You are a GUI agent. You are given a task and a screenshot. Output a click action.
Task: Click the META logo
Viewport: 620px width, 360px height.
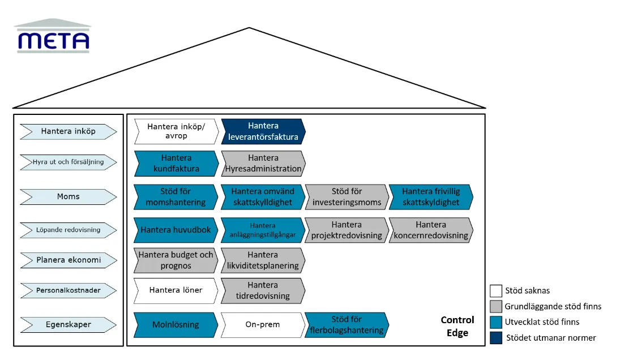pyautogui.click(x=53, y=36)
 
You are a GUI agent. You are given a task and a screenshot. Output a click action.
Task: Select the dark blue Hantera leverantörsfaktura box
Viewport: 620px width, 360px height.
pyautogui.click(x=263, y=131)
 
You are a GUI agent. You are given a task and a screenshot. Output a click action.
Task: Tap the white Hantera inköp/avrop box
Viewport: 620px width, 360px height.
pyautogui.click(x=176, y=131)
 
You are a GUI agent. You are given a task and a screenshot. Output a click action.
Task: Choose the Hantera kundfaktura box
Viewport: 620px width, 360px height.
pyautogui.click(x=176, y=163)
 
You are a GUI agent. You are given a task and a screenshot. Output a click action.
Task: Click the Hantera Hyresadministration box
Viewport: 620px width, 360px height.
pyautogui.click(x=263, y=163)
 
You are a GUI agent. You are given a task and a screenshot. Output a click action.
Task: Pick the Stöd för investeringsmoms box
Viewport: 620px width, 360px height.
pyautogui.click(x=347, y=197)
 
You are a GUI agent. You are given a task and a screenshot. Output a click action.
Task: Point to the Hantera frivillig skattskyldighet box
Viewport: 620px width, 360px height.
pyautogui.click(x=431, y=197)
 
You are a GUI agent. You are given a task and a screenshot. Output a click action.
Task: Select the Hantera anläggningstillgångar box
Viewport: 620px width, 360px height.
pyautogui.click(x=263, y=230)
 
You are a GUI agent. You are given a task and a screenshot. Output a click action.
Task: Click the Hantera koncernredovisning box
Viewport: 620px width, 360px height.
pyautogui.click(x=431, y=230)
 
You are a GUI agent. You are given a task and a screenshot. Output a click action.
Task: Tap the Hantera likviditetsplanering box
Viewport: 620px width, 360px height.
pyautogui.click(x=263, y=260)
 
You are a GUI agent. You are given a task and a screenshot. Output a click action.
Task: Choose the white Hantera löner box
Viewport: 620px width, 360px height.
pyautogui.click(x=176, y=291)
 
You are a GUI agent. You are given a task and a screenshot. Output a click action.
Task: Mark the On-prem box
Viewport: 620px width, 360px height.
pyautogui.click(x=263, y=325)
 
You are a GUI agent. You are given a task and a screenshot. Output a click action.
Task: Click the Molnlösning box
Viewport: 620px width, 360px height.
pyautogui.click(x=176, y=325)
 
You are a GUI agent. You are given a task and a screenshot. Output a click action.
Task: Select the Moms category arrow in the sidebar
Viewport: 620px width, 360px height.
pyautogui.click(x=69, y=197)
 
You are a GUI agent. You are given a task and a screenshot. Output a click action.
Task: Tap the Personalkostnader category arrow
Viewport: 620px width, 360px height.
pyautogui.click(x=69, y=290)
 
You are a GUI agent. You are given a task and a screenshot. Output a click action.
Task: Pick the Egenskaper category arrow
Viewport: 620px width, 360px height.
pyautogui.click(x=69, y=325)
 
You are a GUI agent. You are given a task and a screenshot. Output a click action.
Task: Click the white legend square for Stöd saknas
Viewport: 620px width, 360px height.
pyautogui.click(x=496, y=291)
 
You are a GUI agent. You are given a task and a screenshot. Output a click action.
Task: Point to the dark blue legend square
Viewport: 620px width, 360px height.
pyautogui.click(x=496, y=338)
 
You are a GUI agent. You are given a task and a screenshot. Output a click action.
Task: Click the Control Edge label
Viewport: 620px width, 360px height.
pyautogui.click(x=457, y=327)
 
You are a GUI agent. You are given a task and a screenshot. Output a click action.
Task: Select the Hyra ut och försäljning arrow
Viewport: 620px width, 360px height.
pyautogui.click(x=69, y=162)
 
